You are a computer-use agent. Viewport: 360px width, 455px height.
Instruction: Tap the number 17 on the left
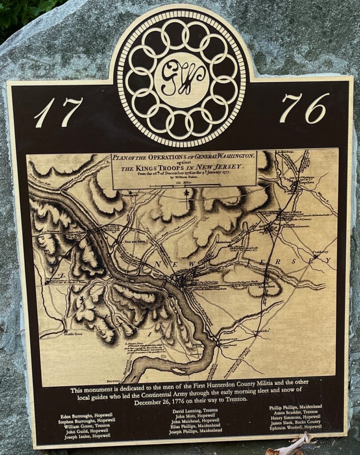click(59, 112)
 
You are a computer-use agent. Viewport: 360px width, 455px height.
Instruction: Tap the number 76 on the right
click(304, 108)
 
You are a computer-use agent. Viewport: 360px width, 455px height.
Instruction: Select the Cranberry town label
click(320, 252)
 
